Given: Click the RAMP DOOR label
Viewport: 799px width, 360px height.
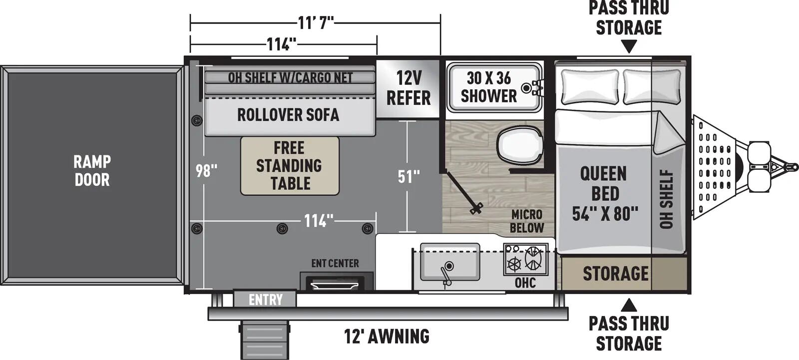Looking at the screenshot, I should [92, 170].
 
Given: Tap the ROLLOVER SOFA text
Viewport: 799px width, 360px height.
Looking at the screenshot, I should [288, 115].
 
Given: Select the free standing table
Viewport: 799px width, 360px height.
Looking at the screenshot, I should [290, 166].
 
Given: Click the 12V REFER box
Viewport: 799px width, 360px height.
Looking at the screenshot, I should [408, 88].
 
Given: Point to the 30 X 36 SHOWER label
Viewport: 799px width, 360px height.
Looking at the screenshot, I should [488, 87].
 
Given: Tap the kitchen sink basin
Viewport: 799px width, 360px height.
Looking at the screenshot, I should [449, 262].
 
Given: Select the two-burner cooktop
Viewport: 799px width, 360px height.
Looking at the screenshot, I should [525, 259].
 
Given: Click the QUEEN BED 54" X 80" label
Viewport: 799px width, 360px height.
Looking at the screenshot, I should [605, 194].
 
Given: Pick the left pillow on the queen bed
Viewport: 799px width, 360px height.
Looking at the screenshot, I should [590, 86].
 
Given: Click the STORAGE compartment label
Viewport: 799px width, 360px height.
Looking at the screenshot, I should [615, 274].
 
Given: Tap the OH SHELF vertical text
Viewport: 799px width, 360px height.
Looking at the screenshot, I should [667, 199].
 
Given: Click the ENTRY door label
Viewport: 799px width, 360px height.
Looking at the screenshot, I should [265, 300].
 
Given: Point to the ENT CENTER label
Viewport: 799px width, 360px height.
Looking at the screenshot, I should [335, 263].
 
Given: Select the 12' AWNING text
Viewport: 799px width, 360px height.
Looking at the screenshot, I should [387, 336].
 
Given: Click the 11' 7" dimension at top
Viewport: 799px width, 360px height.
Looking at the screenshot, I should [315, 22].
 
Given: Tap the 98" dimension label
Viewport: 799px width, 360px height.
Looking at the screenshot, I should [206, 171].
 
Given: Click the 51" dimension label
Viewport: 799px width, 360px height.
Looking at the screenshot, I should [408, 176].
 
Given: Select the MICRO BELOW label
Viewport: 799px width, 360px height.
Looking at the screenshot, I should [526, 221].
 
